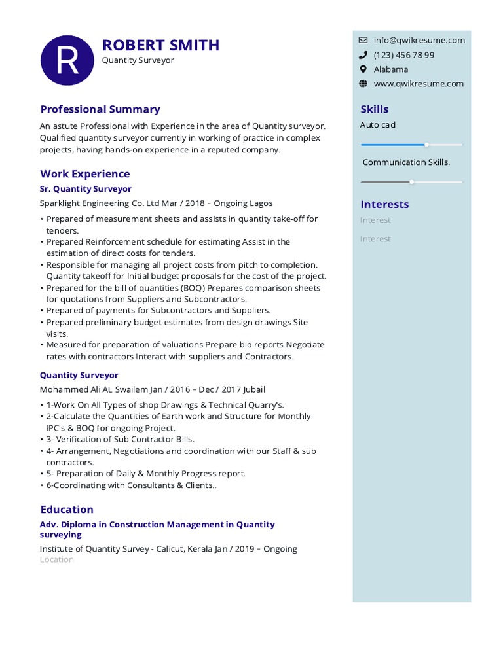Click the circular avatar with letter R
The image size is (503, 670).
(67, 60)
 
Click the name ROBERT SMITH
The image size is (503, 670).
(160, 45)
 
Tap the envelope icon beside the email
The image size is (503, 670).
(363, 40)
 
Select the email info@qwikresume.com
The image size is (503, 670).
(419, 40)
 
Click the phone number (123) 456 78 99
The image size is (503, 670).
(403, 55)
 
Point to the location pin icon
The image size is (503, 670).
(363, 69)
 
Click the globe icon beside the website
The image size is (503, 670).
(363, 84)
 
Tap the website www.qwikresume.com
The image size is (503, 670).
(419, 84)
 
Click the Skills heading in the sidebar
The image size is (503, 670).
(374, 109)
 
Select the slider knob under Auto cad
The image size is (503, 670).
(427, 144)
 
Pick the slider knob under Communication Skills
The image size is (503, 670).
(411, 182)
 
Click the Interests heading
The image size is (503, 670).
(384, 204)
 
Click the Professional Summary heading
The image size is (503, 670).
(100, 109)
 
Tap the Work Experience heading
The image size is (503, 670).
(85, 174)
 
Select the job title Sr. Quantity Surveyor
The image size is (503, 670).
(86, 189)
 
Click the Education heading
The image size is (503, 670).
(67, 509)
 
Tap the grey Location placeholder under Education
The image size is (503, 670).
(57, 560)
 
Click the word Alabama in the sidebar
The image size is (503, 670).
(391, 69)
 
